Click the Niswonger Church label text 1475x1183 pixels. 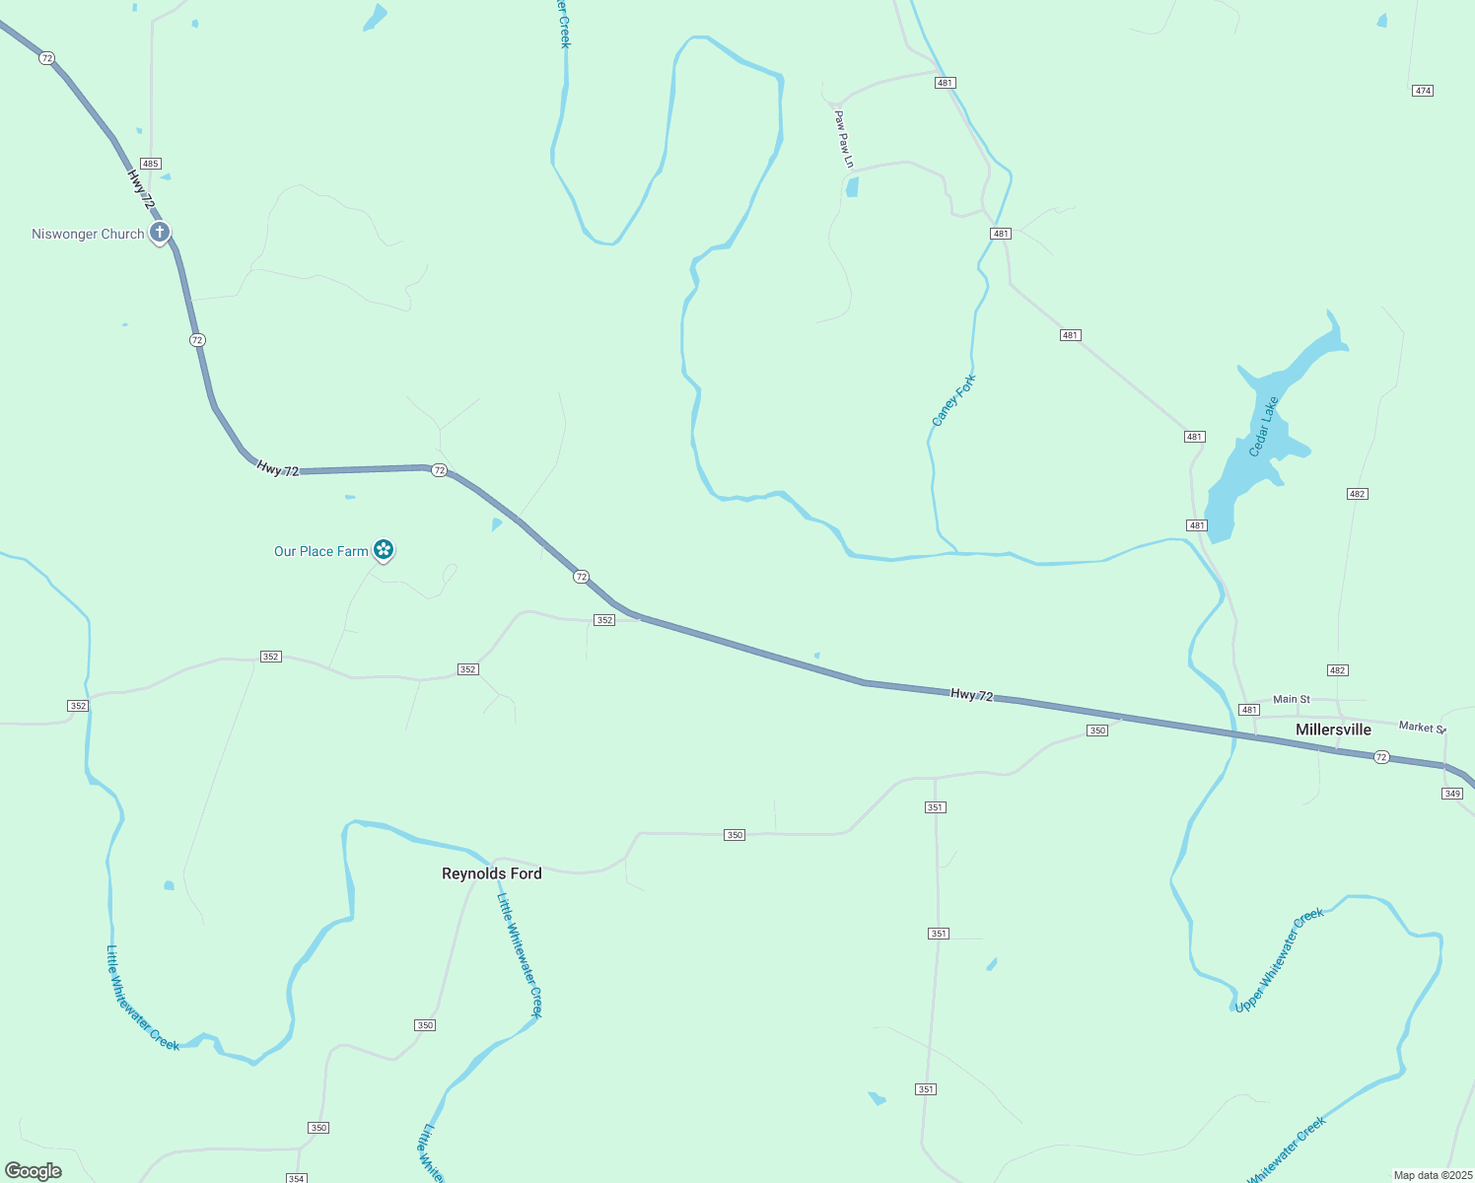pyautogui.click(x=88, y=235)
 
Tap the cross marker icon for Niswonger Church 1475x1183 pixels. pyautogui.click(x=160, y=234)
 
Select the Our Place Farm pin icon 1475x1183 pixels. pyautogui.click(x=384, y=550)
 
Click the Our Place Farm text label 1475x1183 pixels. pyautogui.click(x=320, y=552)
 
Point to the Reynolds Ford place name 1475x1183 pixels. pyautogui.click(x=491, y=873)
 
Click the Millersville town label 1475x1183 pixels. pyautogui.click(x=1333, y=730)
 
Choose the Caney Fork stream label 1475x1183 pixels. pyautogui.click(x=953, y=400)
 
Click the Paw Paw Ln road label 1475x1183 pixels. pyautogui.click(x=843, y=139)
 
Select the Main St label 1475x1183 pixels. pyautogui.click(x=1291, y=699)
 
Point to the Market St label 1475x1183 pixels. pyautogui.click(x=1422, y=728)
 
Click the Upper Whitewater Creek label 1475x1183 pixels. pyautogui.click(x=1280, y=960)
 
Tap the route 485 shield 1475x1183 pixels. pyautogui.click(x=150, y=164)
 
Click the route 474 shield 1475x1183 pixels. pyautogui.click(x=1422, y=91)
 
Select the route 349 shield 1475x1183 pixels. pyautogui.click(x=1451, y=794)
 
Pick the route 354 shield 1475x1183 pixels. pyautogui.click(x=296, y=1178)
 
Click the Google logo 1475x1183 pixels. pyautogui.click(x=34, y=1171)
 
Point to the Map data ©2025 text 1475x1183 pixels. pyautogui.click(x=1432, y=1175)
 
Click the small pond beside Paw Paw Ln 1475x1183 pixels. pyautogui.click(x=852, y=186)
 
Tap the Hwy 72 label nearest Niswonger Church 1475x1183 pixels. pyautogui.click(x=141, y=188)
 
